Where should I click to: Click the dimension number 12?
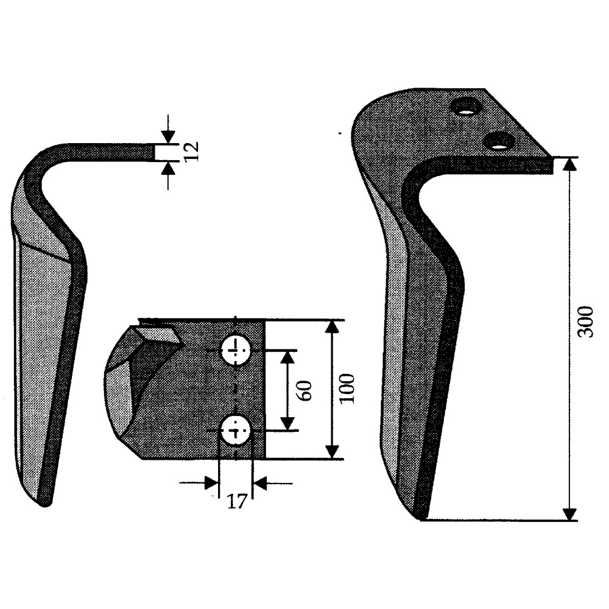(192, 152)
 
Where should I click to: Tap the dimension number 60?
(304, 390)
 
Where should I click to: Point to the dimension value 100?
(347, 389)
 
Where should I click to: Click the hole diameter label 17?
(236, 501)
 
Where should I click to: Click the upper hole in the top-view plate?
(235, 351)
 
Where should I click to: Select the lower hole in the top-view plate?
(235, 431)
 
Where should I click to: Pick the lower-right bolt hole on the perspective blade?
(499, 141)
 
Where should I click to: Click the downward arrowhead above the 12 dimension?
(168, 136)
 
